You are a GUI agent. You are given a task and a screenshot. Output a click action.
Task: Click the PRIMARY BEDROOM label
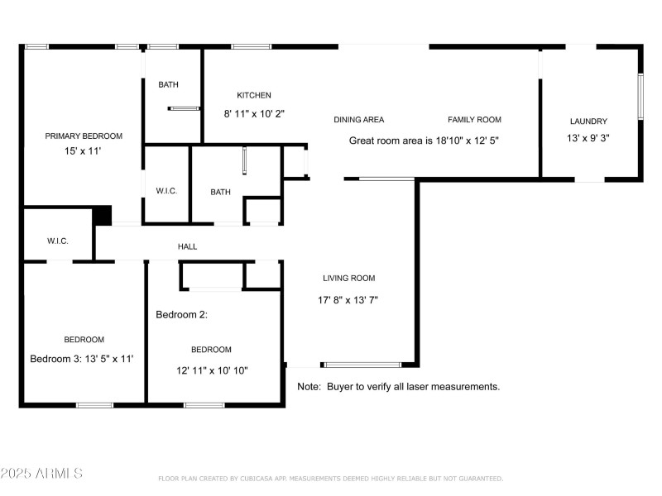(x=84, y=136)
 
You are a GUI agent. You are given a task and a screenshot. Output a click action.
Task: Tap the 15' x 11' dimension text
(x=84, y=151)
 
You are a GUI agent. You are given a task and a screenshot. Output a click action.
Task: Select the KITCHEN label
(x=254, y=95)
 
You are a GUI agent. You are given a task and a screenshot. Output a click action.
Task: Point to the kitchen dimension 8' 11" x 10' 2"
(x=254, y=113)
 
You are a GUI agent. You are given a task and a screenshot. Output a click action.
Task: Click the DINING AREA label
(x=358, y=120)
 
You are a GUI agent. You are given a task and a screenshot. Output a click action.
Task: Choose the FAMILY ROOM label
(x=474, y=120)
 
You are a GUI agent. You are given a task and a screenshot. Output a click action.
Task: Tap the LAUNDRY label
(x=588, y=122)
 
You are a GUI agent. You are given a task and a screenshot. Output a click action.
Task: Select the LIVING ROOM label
(x=348, y=279)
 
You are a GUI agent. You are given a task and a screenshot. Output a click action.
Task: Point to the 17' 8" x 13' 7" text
(x=348, y=300)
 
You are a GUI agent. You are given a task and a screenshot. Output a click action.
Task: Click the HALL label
(x=187, y=246)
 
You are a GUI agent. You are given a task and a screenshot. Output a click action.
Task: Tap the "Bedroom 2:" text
(x=181, y=315)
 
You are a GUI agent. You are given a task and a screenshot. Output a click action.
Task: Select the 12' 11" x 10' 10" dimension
(x=211, y=370)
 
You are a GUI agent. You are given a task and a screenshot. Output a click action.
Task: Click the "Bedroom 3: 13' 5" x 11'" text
(x=82, y=359)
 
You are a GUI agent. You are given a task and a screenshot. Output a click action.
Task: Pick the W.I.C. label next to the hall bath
(x=166, y=192)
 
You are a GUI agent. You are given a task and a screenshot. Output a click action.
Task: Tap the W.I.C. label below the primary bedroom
(x=57, y=241)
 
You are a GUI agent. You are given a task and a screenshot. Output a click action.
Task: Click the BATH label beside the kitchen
(x=168, y=84)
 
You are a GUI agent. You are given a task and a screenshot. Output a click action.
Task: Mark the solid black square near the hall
(x=102, y=215)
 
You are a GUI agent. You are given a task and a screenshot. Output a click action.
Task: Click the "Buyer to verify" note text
(x=398, y=386)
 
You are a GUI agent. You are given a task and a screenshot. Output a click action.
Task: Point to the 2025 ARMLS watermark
(x=41, y=474)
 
